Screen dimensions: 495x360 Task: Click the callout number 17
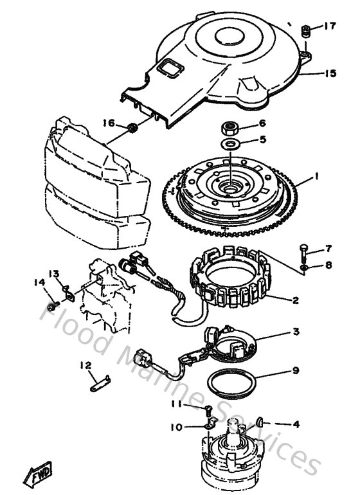pyautogui.click(x=330, y=27)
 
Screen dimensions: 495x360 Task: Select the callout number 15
pyautogui.click(x=330, y=74)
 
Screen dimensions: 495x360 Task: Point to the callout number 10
pyautogui.click(x=175, y=426)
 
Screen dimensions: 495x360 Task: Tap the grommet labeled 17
pyautogui.click(x=307, y=31)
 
